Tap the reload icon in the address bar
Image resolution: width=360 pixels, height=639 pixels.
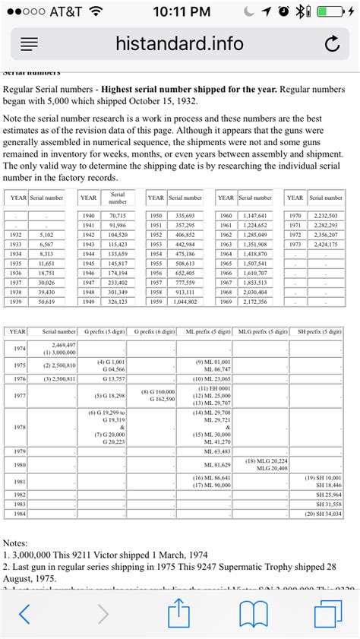click(331, 45)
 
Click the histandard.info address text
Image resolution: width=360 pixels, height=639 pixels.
click(180, 43)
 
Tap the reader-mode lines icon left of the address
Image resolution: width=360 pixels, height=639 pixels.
click(29, 45)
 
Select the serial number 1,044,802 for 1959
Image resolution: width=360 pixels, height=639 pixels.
click(185, 302)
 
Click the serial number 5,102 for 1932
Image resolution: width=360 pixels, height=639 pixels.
click(46, 235)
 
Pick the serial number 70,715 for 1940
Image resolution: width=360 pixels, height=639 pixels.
click(117, 216)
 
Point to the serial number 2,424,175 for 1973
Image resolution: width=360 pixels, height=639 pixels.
click(325, 245)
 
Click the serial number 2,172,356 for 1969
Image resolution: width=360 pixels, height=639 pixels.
click(255, 302)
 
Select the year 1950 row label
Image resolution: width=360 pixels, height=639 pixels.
click(155, 216)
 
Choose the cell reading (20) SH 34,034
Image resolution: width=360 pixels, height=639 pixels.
click(323, 514)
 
